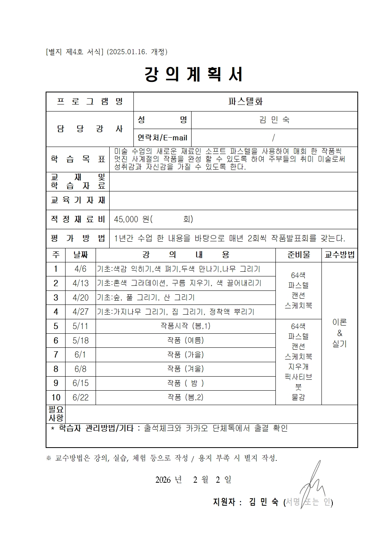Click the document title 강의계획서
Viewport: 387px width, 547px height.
[194, 74]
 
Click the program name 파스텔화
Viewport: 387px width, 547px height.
[245, 102]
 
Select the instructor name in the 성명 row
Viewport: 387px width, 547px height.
[274, 120]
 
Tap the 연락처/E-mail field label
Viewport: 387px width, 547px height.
[162, 138]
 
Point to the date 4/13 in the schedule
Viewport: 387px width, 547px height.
[81, 283]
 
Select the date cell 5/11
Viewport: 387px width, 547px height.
[81, 326]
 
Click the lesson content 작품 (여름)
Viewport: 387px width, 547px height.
[185, 340]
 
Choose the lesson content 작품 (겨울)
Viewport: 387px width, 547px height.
[185, 369]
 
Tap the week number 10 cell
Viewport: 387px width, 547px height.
[56, 397]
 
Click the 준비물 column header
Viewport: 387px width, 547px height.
[298, 255]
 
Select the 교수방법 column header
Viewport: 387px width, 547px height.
[339, 255]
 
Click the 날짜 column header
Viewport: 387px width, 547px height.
[81, 255]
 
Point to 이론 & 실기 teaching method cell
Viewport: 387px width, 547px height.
[339, 333]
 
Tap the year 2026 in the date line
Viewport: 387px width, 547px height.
[163, 480]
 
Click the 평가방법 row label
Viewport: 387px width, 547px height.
[78, 238]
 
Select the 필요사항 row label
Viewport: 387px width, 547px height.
[56, 414]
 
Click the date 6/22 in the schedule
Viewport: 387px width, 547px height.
[81, 397]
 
